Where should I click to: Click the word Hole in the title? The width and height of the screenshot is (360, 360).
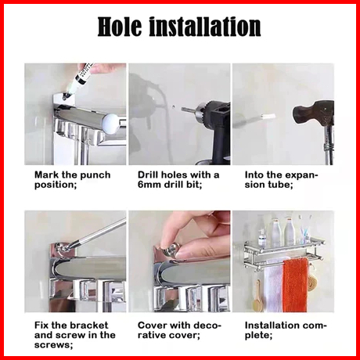pos(120,27)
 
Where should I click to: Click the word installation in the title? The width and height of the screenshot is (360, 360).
pos(205,27)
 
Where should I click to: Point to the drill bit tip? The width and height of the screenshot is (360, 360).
pos(183,110)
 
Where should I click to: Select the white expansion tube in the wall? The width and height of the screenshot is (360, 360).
pos(267,117)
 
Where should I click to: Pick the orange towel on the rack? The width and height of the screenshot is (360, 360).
pos(296,284)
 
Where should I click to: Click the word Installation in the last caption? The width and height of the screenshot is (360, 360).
pos(273,326)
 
